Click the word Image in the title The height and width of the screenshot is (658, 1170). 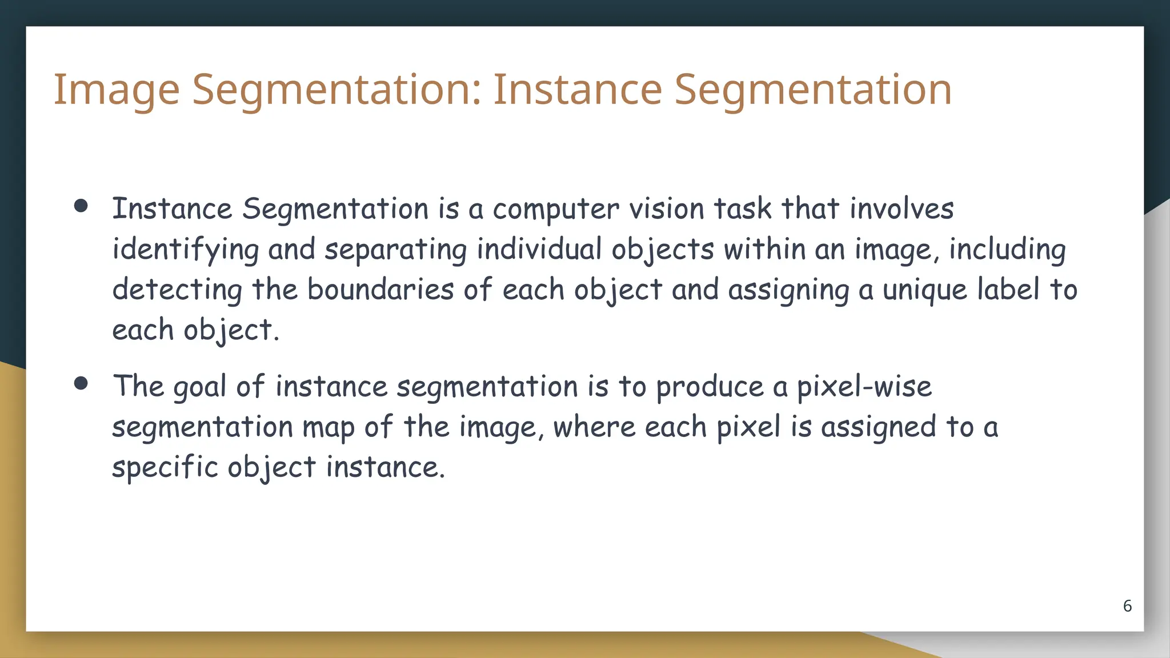click(117, 90)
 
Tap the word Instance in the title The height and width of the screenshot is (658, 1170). click(577, 90)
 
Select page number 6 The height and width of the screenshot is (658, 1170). click(1127, 606)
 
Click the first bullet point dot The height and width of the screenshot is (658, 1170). click(81, 206)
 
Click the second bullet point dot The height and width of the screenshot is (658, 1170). click(81, 383)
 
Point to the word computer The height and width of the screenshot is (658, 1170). click(555, 210)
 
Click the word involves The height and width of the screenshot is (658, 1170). click(901, 208)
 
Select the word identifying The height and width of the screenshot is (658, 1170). click(185, 250)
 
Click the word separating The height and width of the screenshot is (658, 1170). click(395, 250)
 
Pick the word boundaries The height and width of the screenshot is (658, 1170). click(380, 289)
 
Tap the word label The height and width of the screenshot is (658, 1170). click(1008, 289)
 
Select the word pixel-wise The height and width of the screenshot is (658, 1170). click(864, 387)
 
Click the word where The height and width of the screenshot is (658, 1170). click(594, 427)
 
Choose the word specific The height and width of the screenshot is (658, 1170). click(165, 468)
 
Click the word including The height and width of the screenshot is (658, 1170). click(1007, 250)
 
